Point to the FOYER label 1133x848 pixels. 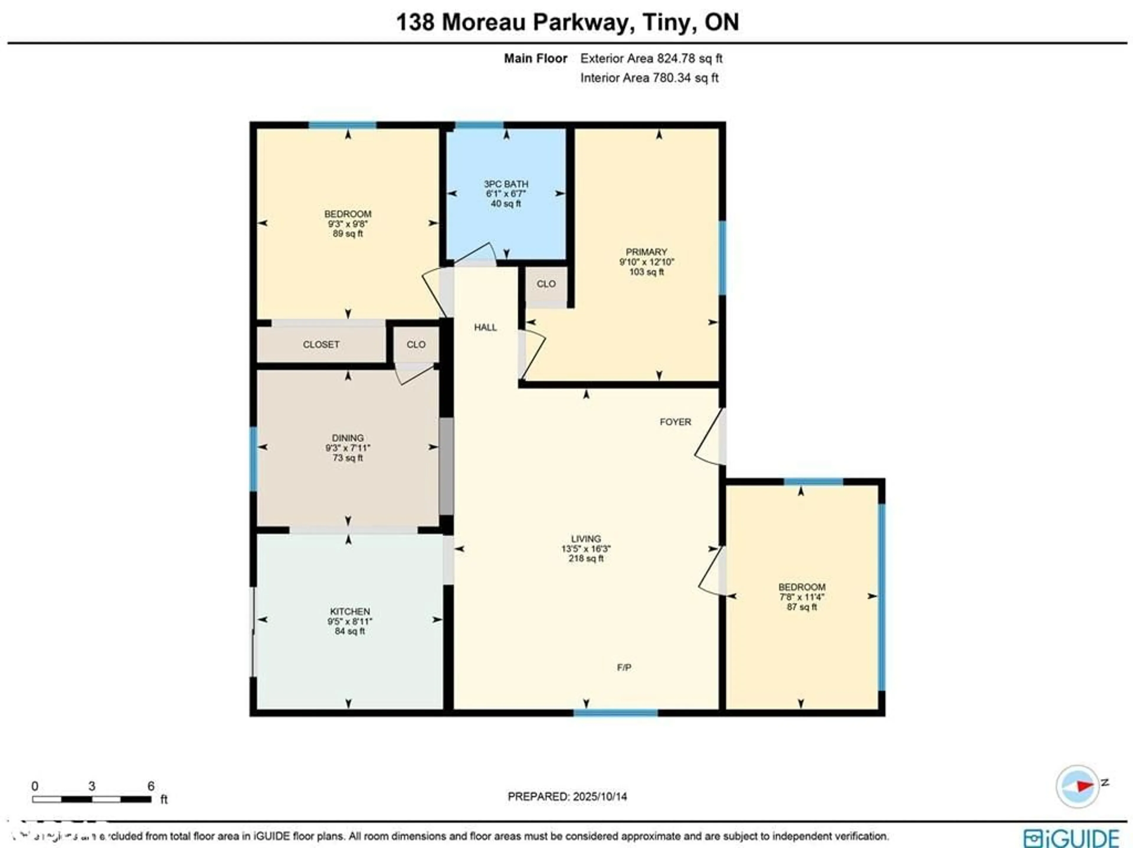click(675, 422)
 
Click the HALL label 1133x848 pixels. click(485, 327)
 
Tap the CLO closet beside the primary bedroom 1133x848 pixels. click(546, 284)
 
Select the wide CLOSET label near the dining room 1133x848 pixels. click(321, 345)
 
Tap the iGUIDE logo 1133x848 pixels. click(1072, 838)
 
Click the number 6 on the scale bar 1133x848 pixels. click(150, 786)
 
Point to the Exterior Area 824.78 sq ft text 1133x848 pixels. click(651, 58)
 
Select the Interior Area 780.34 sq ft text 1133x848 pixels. click(649, 78)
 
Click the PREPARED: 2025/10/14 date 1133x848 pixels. click(567, 797)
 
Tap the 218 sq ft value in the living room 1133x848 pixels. click(586, 558)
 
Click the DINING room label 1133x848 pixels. click(348, 438)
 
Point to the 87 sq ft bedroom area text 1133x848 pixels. click(802, 607)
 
